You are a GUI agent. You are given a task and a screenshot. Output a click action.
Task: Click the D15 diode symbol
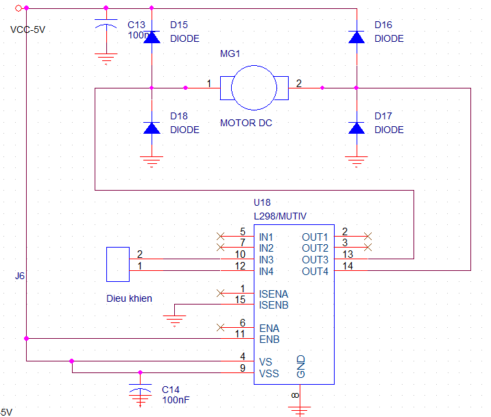tap(152, 37)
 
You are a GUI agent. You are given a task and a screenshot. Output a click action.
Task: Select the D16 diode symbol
tap(356, 37)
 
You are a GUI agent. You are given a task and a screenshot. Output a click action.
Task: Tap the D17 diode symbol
tap(356, 128)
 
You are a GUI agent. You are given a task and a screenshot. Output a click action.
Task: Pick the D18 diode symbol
tap(152, 128)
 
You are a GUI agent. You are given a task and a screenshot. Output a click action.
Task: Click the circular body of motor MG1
tap(252, 87)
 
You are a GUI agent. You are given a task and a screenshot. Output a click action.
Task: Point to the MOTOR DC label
tap(245, 123)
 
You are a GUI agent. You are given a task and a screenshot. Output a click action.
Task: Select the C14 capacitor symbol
tap(140, 392)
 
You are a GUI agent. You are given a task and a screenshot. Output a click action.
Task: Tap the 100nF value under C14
tap(176, 399)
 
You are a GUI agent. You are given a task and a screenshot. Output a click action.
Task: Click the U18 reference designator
tap(263, 203)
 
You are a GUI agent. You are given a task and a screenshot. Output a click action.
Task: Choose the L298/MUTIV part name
tap(280, 215)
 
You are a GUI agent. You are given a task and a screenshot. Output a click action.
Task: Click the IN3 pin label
tap(267, 259)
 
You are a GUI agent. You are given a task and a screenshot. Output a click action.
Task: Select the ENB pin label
tap(269, 339)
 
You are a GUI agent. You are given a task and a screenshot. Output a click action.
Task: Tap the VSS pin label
tap(269, 374)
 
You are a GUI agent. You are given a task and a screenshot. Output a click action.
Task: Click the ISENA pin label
tap(273, 294)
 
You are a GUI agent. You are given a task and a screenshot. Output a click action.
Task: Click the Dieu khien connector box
tap(118, 265)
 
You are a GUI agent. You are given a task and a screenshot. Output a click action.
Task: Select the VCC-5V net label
tap(28, 29)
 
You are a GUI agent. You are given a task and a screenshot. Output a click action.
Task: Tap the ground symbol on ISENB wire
tap(176, 319)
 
